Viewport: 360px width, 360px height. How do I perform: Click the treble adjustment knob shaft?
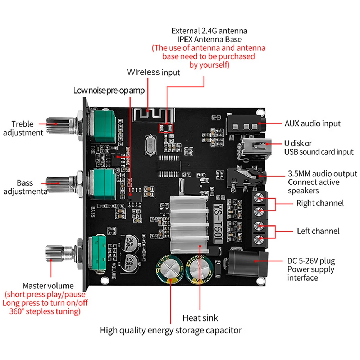(x=62, y=125)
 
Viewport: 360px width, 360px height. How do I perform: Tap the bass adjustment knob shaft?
(x=62, y=184)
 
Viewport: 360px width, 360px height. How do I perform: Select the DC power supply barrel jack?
(x=247, y=263)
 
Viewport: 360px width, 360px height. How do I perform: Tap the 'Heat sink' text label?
(x=200, y=318)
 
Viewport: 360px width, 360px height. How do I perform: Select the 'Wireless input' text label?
(x=153, y=72)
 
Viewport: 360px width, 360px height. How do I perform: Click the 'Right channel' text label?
(x=320, y=203)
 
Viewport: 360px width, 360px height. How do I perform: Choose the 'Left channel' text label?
(x=318, y=231)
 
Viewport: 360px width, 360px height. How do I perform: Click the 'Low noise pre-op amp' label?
(x=109, y=91)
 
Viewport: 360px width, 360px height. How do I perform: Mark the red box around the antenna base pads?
(x=166, y=128)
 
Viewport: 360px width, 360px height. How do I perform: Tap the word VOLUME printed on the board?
(x=113, y=271)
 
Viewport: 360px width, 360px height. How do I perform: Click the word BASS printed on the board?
(x=93, y=212)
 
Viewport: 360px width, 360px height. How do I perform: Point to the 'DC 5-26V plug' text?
(x=311, y=261)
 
